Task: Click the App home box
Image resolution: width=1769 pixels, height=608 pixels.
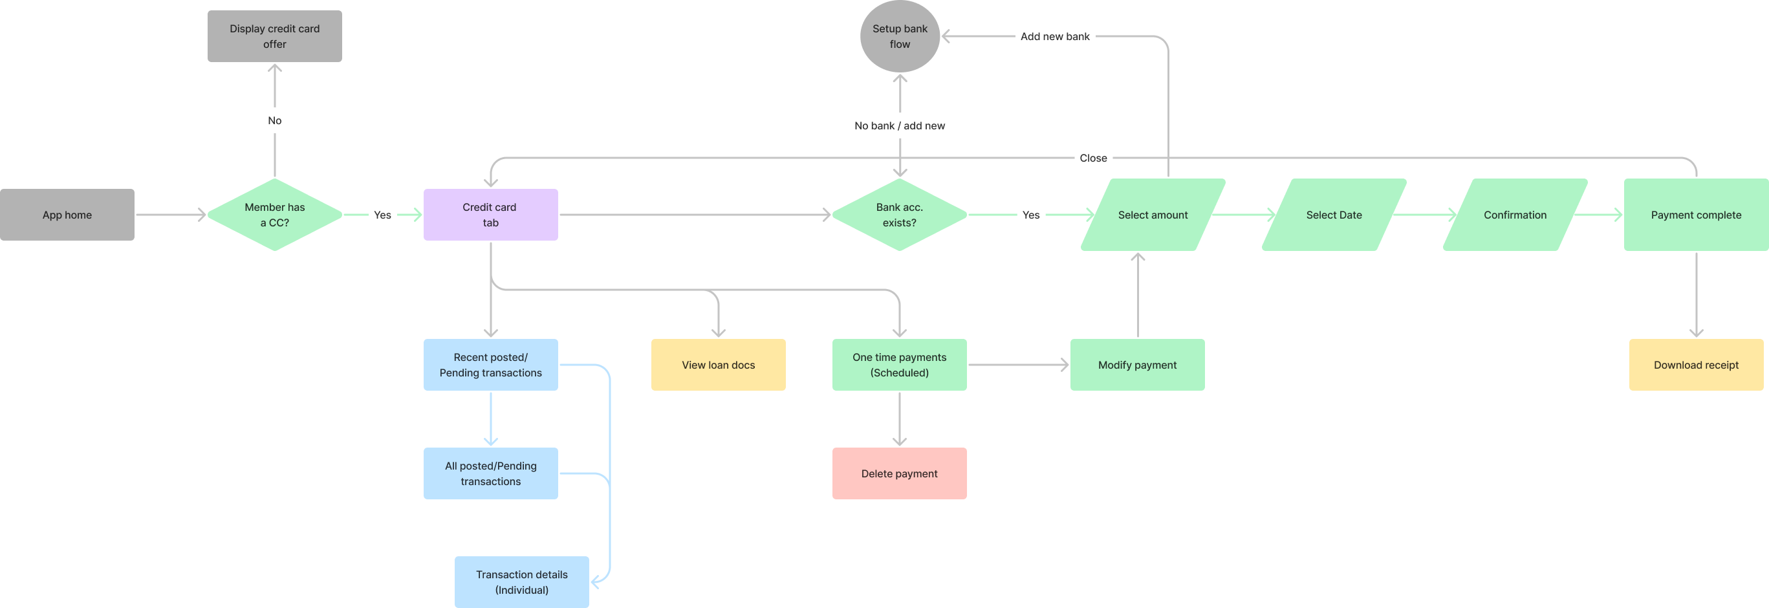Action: click(x=67, y=214)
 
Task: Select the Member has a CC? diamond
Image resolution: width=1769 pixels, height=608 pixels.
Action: click(x=274, y=214)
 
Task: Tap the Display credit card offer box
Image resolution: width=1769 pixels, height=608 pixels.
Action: click(x=274, y=36)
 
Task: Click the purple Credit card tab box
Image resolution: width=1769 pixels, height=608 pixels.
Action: click(x=490, y=214)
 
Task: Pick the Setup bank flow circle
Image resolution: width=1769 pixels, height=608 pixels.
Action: click(x=900, y=36)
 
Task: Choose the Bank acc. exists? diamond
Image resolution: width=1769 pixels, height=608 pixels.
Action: click(x=899, y=214)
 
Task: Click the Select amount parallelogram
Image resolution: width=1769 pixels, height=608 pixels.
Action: click(x=1153, y=214)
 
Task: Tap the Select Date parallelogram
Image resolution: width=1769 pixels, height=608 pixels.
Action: click(x=1334, y=214)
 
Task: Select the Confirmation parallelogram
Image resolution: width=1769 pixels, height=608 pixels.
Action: click(x=1515, y=214)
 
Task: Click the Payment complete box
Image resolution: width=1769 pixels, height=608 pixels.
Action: click(x=1695, y=214)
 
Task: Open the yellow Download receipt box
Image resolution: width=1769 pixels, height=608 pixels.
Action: click(x=1695, y=365)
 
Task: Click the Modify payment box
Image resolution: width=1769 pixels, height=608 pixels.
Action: click(x=1137, y=365)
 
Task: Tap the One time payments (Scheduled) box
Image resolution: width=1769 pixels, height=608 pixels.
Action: click(x=899, y=365)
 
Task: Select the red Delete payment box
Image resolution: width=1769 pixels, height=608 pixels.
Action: click(x=899, y=473)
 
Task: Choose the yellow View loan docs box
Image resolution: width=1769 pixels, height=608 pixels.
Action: click(x=718, y=365)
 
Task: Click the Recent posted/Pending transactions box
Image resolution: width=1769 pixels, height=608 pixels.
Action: click(x=490, y=365)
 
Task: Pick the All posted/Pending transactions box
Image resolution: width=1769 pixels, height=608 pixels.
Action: click(x=490, y=473)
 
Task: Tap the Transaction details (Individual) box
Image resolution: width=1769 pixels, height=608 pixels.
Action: click(x=521, y=582)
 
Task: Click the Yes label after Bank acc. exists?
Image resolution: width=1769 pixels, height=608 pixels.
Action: click(x=1030, y=215)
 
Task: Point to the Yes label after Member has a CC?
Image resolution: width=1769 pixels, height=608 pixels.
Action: click(x=382, y=215)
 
